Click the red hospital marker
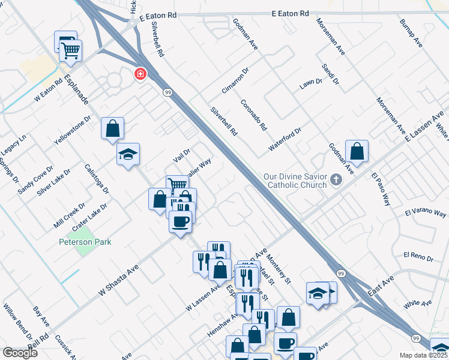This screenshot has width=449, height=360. click(140, 74)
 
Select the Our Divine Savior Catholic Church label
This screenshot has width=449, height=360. click(295, 181)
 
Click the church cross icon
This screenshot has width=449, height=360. click(336, 178)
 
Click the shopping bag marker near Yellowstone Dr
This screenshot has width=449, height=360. click(112, 128)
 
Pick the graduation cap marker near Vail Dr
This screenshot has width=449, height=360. click(128, 155)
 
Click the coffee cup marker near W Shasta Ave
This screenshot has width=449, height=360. click(181, 222)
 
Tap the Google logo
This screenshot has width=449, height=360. click(20, 353)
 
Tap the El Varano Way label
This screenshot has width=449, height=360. click(426, 214)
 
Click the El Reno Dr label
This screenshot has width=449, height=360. click(418, 257)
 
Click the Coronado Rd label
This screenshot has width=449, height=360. click(253, 116)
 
